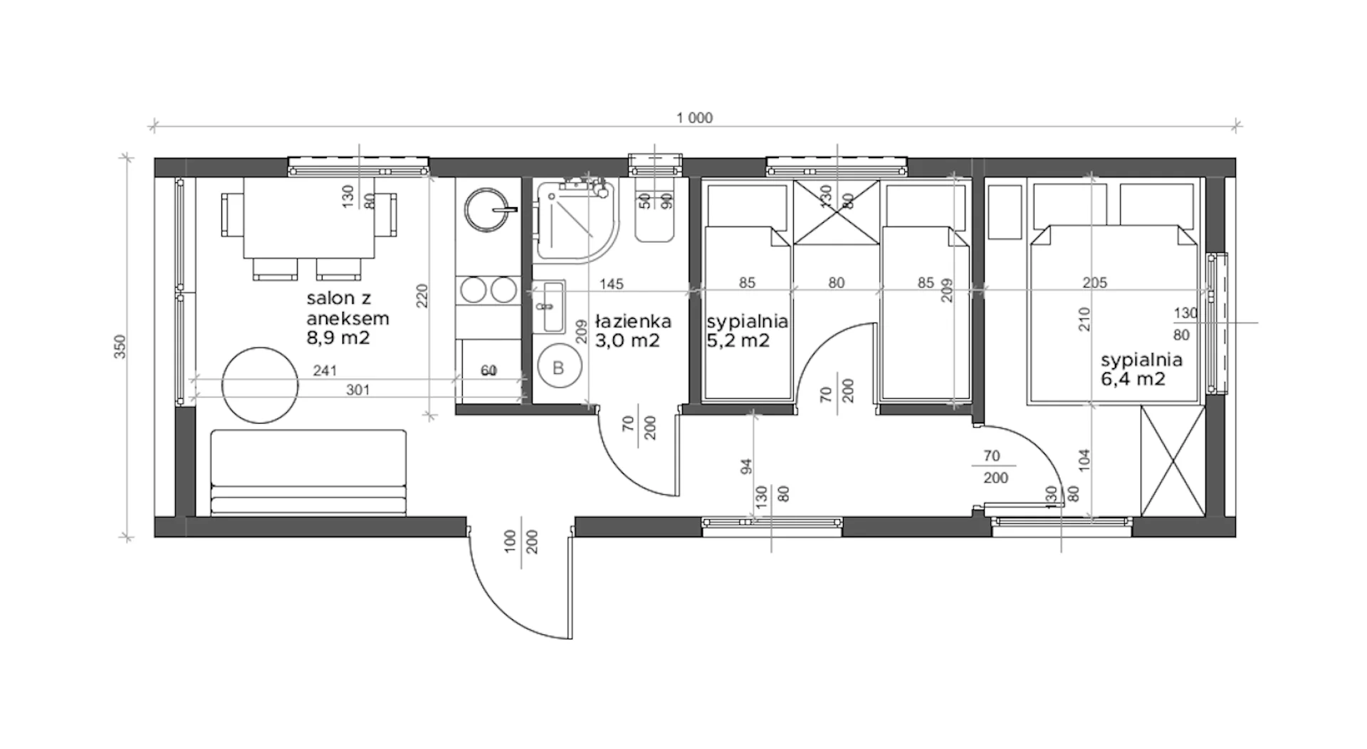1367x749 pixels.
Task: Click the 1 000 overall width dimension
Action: [x=694, y=118]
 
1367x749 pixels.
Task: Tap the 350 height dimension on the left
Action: [x=120, y=347]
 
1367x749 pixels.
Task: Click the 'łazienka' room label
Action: [x=633, y=322]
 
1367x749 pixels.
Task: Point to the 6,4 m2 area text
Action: [x=1133, y=379]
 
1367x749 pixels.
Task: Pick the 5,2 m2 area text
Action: [x=738, y=340]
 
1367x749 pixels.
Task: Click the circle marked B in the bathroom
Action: [x=558, y=367]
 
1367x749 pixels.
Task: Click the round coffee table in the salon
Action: [x=260, y=385]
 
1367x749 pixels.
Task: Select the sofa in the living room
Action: [x=308, y=472]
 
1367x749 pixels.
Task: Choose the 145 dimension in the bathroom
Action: [x=611, y=284]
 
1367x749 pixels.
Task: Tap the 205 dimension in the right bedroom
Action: [x=1095, y=283]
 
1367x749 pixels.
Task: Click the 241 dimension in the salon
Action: [x=325, y=371]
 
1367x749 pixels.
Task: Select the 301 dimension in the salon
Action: [x=357, y=390]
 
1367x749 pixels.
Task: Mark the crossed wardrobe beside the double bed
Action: [x=1173, y=461]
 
